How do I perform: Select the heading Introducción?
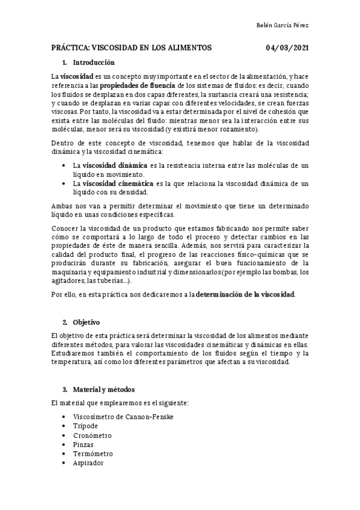click(93, 63)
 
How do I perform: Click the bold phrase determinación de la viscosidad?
click(245, 295)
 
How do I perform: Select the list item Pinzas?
click(84, 444)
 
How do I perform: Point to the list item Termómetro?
click(93, 453)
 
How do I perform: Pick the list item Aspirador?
click(88, 462)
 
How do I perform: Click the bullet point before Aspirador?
click(64, 463)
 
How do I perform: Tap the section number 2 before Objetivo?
click(64, 322)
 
